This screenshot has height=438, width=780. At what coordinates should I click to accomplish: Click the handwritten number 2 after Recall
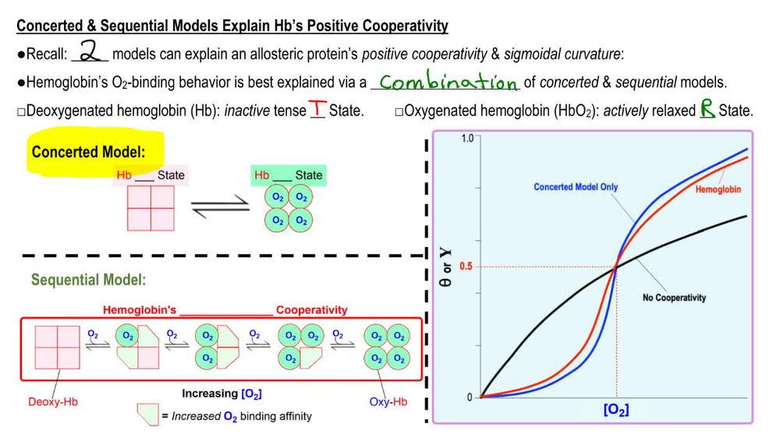pos(90,53)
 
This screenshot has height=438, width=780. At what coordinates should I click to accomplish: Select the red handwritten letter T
pos(317,109)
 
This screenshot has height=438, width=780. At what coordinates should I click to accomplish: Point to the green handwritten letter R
pos(707,109)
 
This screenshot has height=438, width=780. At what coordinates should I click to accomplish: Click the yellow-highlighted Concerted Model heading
pos(99,152)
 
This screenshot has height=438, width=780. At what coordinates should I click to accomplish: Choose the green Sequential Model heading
pos(88,280)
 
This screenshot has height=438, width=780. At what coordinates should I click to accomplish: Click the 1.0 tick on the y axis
pos(467,138)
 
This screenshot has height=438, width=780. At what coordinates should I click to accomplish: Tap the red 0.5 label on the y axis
pos(466,267)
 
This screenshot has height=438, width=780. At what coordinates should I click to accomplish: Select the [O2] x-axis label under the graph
pos(616,410)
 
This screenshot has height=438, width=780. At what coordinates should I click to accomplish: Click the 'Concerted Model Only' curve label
pos(576,187)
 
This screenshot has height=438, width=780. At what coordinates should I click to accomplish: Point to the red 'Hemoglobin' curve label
pos(718,189)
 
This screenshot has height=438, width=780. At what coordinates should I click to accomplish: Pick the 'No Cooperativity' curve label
pos(674,298)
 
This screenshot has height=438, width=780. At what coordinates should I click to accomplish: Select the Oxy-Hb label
pos(388,402)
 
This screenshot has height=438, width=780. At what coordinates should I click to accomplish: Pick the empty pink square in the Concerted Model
pos(151,208)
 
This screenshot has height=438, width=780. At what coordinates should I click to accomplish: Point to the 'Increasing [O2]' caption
pos(222,394)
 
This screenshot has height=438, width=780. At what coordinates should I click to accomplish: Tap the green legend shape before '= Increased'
pos(147,415)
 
